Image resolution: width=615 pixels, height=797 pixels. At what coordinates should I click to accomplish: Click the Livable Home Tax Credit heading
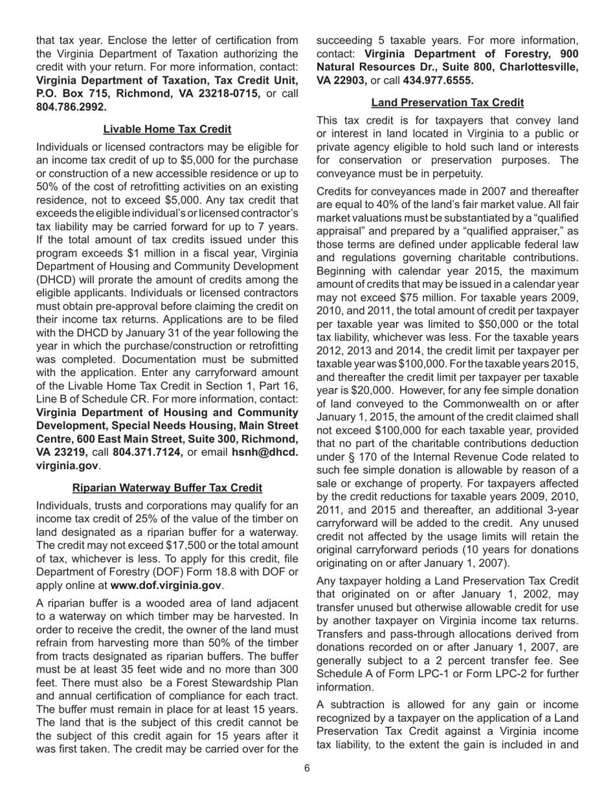click(x=167, y=129)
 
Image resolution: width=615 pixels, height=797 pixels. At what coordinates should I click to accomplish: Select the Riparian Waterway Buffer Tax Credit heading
click(x=167, y=487)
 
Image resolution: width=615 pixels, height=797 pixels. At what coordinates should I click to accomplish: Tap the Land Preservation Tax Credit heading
click(x=447, y=102)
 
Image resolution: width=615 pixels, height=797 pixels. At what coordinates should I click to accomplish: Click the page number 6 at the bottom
click(x=307, y=768)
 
